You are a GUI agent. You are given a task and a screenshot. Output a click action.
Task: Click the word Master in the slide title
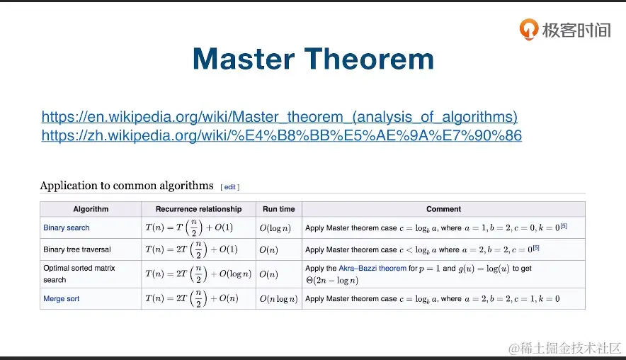coord(244,59)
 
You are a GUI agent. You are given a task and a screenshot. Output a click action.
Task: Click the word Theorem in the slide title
coord(369,59)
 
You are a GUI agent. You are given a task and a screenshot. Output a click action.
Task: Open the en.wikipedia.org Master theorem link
coord(280,117)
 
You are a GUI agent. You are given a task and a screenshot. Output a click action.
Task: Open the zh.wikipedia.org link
coord(281,135)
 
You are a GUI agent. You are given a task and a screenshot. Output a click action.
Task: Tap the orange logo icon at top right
coord(528,29)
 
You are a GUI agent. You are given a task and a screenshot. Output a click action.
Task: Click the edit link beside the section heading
coord(230,187)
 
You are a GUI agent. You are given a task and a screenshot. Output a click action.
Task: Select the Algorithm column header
coord(91,209)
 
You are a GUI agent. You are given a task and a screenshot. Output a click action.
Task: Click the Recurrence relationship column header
coord(198,209)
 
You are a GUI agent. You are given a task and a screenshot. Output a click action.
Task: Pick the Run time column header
coord(279,209)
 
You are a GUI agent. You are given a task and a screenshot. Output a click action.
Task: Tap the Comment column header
coord(443,209)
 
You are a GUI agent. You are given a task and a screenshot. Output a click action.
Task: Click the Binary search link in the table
coord(67,227)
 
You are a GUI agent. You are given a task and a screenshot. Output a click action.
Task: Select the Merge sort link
coord(62,298)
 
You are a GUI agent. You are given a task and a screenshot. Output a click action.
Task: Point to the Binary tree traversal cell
coord(77,249)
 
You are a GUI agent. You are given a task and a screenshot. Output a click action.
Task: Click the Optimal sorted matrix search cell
coord(79,274)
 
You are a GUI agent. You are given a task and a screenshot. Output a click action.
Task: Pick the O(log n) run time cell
coord(275,228)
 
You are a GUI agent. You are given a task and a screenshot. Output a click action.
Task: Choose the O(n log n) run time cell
coord(279,299)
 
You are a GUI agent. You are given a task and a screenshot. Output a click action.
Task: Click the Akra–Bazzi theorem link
coord(372,268)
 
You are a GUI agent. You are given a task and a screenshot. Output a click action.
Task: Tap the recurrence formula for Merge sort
coord(192,299)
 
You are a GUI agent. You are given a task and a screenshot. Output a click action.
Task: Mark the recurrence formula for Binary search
coord(189,227)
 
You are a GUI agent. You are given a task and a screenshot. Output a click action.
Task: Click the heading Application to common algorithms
coord(127,186)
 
